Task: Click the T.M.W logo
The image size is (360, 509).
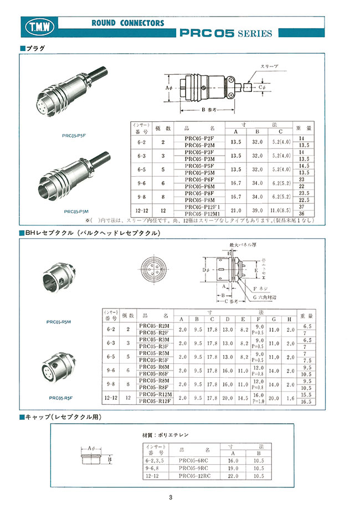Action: [38, 26]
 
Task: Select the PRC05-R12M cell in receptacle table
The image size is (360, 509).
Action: [156, 394]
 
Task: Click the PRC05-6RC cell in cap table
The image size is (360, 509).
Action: [192, 460]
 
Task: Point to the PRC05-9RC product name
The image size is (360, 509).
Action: [192, 468]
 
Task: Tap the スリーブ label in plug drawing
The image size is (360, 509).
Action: [269, 66]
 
